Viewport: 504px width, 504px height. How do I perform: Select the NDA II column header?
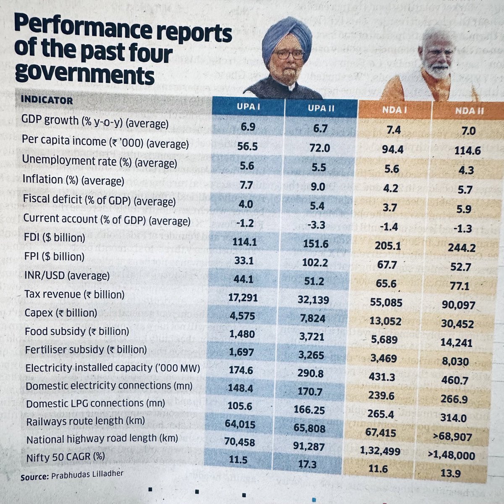pos(469,111)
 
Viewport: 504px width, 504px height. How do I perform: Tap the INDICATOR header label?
pos(47,100)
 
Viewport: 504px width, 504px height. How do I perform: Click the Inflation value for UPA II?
pos(318,186)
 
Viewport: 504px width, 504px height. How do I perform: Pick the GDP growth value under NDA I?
pos(393,130)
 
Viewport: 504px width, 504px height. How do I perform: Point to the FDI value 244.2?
pos(461,248)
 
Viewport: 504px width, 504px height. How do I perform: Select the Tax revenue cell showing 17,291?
pos(243,298)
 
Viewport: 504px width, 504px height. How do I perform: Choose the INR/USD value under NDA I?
pos(386,283)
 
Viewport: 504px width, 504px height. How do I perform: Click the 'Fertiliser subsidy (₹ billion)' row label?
pos(86,349)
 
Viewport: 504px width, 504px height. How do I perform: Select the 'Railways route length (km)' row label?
pos(85,421)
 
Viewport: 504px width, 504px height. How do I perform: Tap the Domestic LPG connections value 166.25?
pos(309,409)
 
